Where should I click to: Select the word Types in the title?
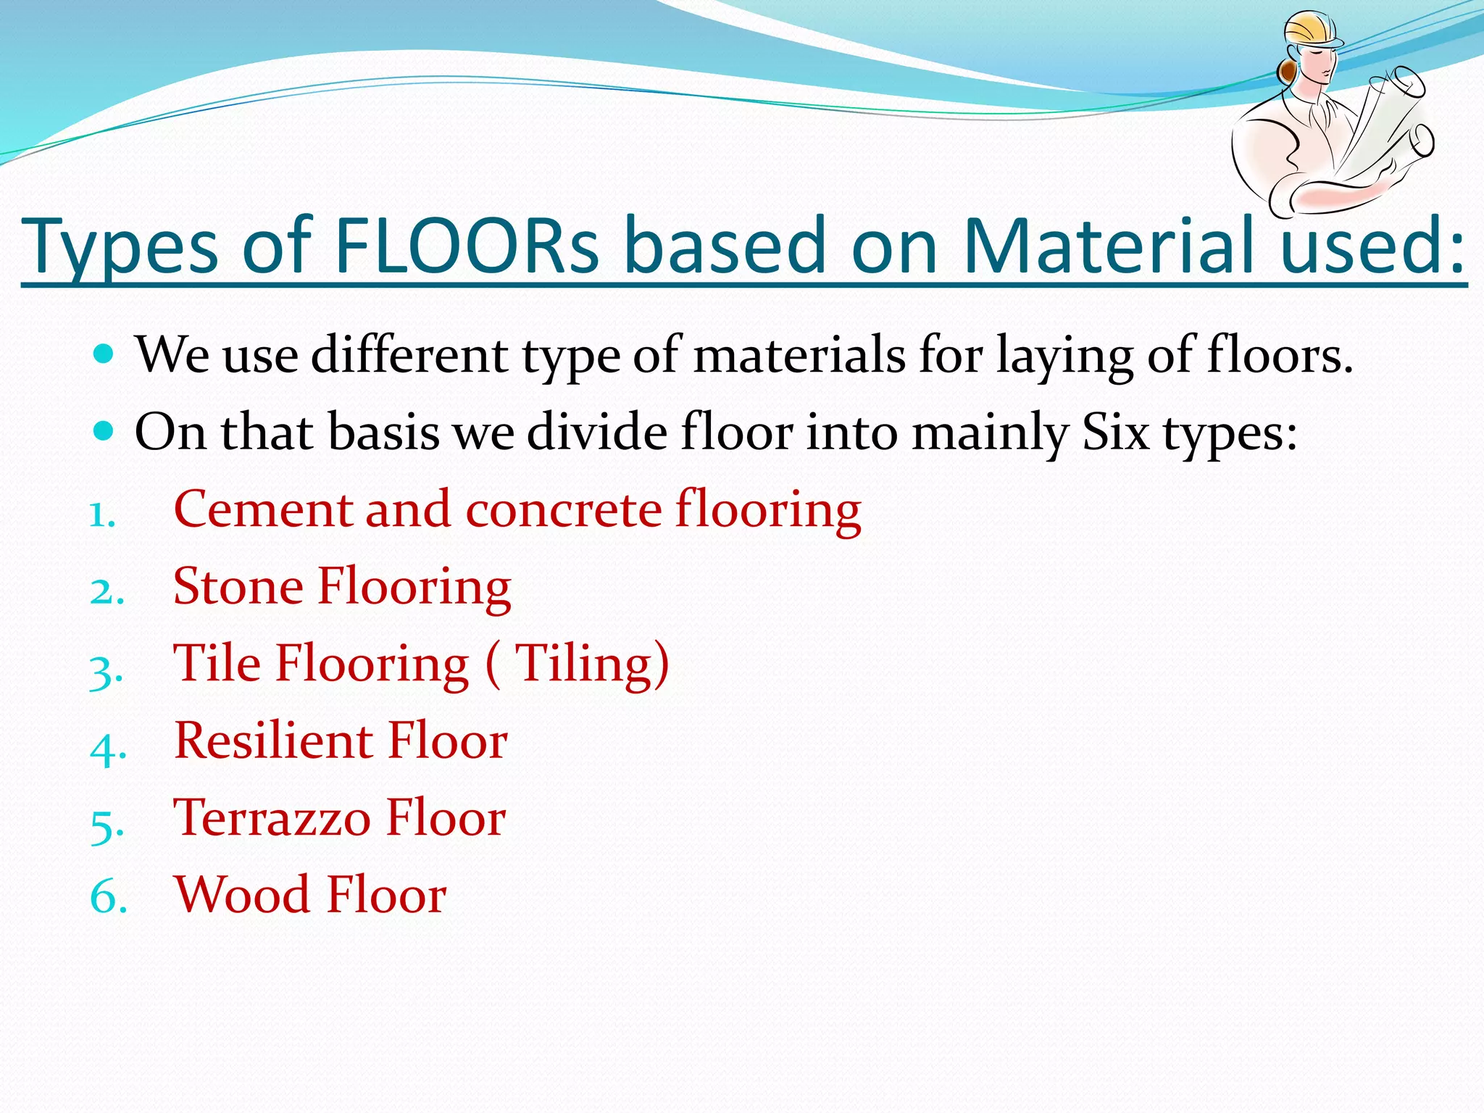point(120,246)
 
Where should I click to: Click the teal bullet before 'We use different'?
point(104,354)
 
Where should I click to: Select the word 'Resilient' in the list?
point(273,741)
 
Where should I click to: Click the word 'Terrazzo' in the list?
point(272,818)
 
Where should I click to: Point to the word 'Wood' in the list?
point(243,895)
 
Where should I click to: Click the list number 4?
point(107,746)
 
